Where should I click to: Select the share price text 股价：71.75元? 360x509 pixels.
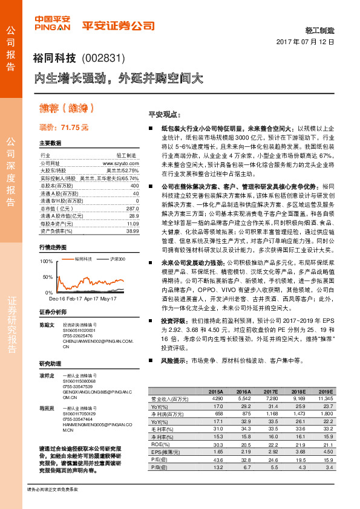pyautogui.click(x=64, y=128)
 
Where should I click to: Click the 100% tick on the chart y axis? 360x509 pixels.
pyautogui.click(x=46, y=261)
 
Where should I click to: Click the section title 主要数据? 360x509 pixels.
pyautogui.click(x=50, y=143)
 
